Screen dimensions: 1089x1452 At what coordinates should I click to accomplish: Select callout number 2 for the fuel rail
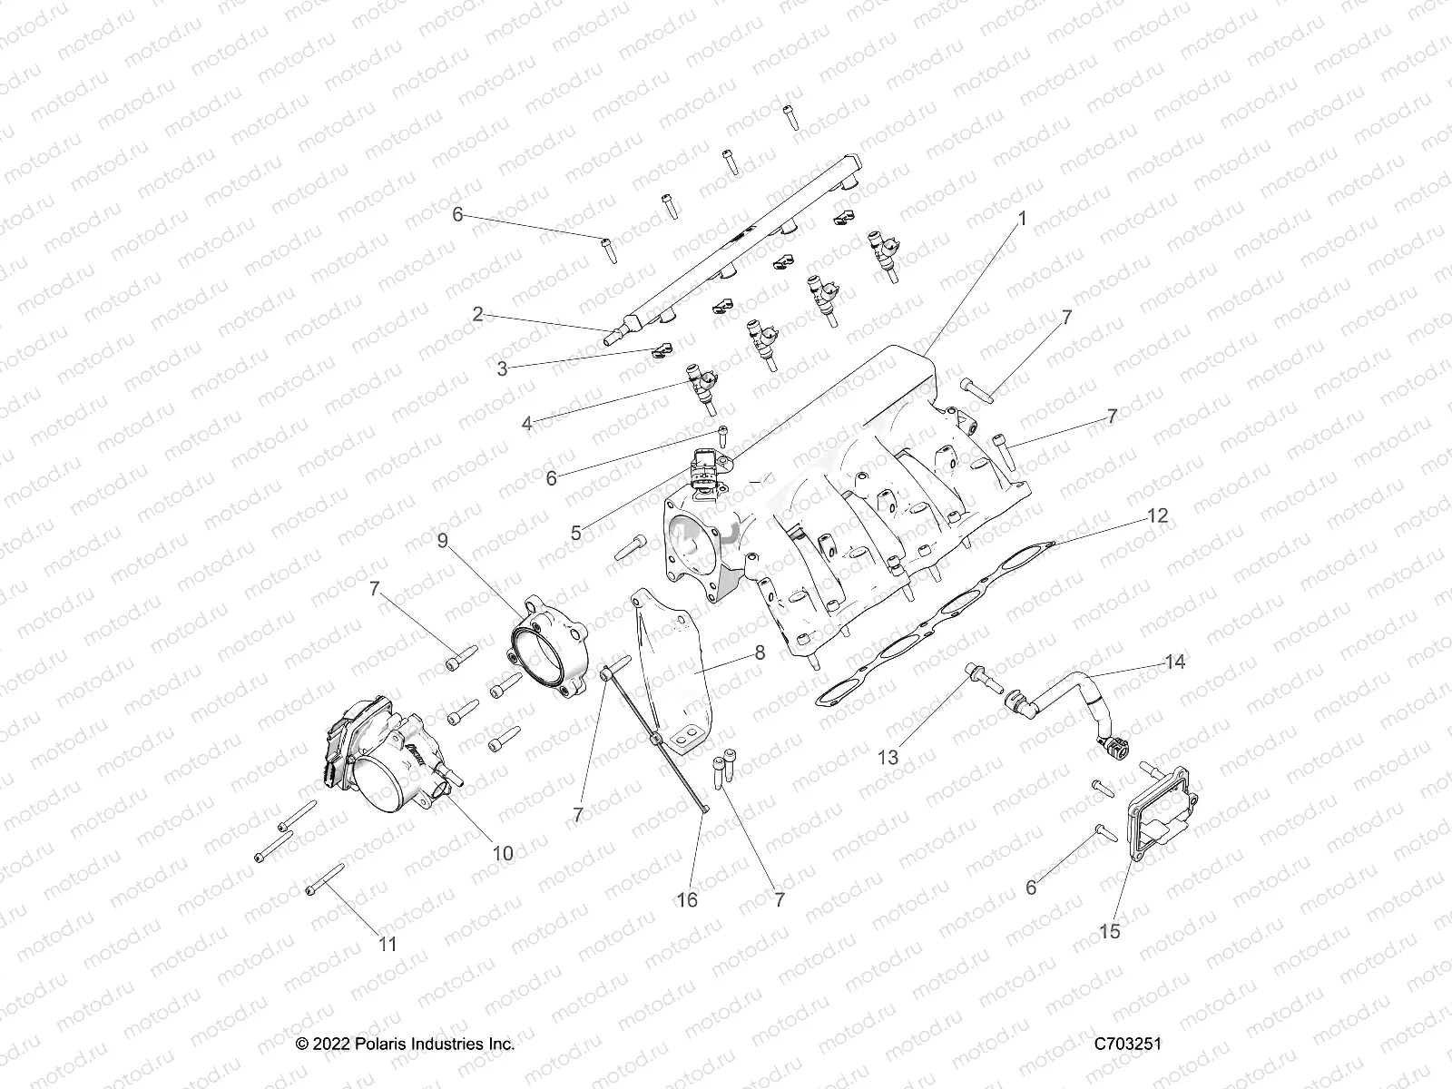pos(477,315)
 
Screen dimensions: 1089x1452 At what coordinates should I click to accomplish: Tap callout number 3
pos(502,368)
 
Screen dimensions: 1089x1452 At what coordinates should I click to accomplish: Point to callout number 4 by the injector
pos(527,422)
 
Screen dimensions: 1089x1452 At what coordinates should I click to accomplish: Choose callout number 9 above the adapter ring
pos(443,541)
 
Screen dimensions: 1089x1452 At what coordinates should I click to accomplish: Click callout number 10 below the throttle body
pos(502,853)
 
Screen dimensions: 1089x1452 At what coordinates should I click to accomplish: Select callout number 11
pos(388,944)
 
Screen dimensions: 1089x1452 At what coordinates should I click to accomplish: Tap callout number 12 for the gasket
pos(1157,516)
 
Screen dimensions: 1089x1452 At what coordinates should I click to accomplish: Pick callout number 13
pos(888,757)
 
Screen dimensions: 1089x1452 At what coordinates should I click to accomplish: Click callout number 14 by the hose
pos(1175,662)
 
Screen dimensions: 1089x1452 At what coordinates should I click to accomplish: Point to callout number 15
pos(1109,931)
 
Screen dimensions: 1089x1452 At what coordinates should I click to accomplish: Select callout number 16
pos(688,899)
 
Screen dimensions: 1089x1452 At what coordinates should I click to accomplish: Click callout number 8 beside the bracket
pos(760,652)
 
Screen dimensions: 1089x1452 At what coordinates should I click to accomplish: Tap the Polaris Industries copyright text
pos(406,1044)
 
